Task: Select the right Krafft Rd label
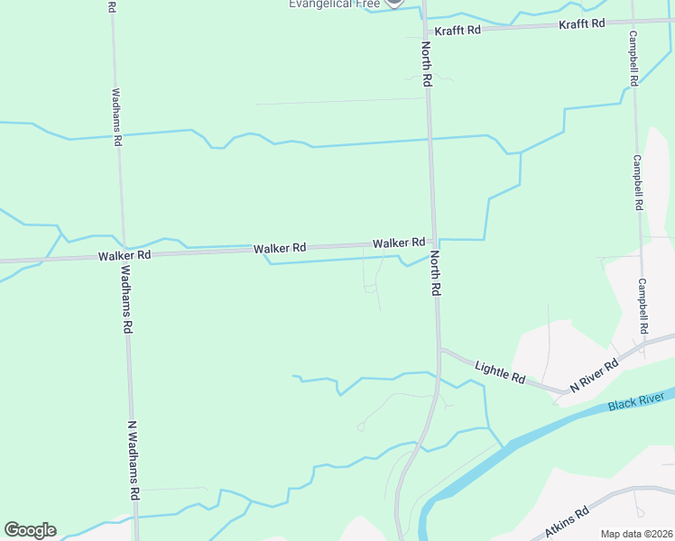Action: pos(581,23)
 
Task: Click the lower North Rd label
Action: pos(434,273)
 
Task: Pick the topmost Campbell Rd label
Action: pos(634,58)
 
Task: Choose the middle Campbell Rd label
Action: pos(638,182)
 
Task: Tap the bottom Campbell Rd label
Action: pos(643,306)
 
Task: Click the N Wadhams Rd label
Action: pos(132,461)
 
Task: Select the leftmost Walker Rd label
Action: pos(125,256)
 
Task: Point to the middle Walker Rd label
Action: pos(280,248)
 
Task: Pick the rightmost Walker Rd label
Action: pos(399,243)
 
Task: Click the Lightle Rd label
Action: pos(500,371)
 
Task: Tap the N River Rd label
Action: pos(594,375)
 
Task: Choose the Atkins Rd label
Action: pos(567,522)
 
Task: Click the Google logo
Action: pos(30,530)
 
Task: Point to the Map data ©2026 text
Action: pos(636,534)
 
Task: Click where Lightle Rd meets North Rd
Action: pos(439,349)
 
